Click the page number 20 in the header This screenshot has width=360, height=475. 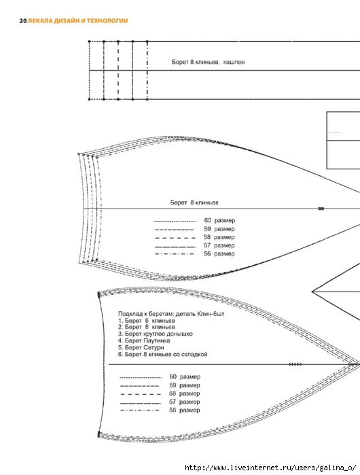pos(23,21)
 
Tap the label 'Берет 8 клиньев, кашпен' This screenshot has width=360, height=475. pos(209,62)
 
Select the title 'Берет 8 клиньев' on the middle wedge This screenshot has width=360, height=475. pos(194,203)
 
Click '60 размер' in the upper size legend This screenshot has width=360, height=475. pos(219,220)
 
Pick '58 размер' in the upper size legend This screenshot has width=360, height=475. pos(219,237)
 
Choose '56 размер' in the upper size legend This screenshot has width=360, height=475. pos(219,253)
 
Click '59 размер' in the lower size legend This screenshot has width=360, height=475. pos(185,385)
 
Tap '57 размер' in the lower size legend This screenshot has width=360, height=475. pos(185,402)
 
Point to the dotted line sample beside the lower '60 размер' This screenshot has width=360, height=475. pos(141,377)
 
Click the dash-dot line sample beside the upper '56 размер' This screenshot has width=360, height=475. pos(175,254)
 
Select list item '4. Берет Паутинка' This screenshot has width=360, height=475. pos(144,340)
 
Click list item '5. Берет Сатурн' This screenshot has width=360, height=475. pos(141,347)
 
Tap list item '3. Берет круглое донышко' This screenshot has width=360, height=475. pos(156,334)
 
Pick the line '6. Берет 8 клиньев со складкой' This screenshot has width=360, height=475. pos(162,354)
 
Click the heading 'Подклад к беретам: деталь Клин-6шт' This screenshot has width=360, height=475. pos(171,313)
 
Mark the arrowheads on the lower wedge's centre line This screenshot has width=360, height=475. pos(295,364)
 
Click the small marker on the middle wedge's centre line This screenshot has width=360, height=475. pos(321,209)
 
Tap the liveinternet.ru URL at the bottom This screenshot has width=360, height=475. pos(270,468)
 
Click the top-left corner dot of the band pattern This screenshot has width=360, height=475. pos(89,41)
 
